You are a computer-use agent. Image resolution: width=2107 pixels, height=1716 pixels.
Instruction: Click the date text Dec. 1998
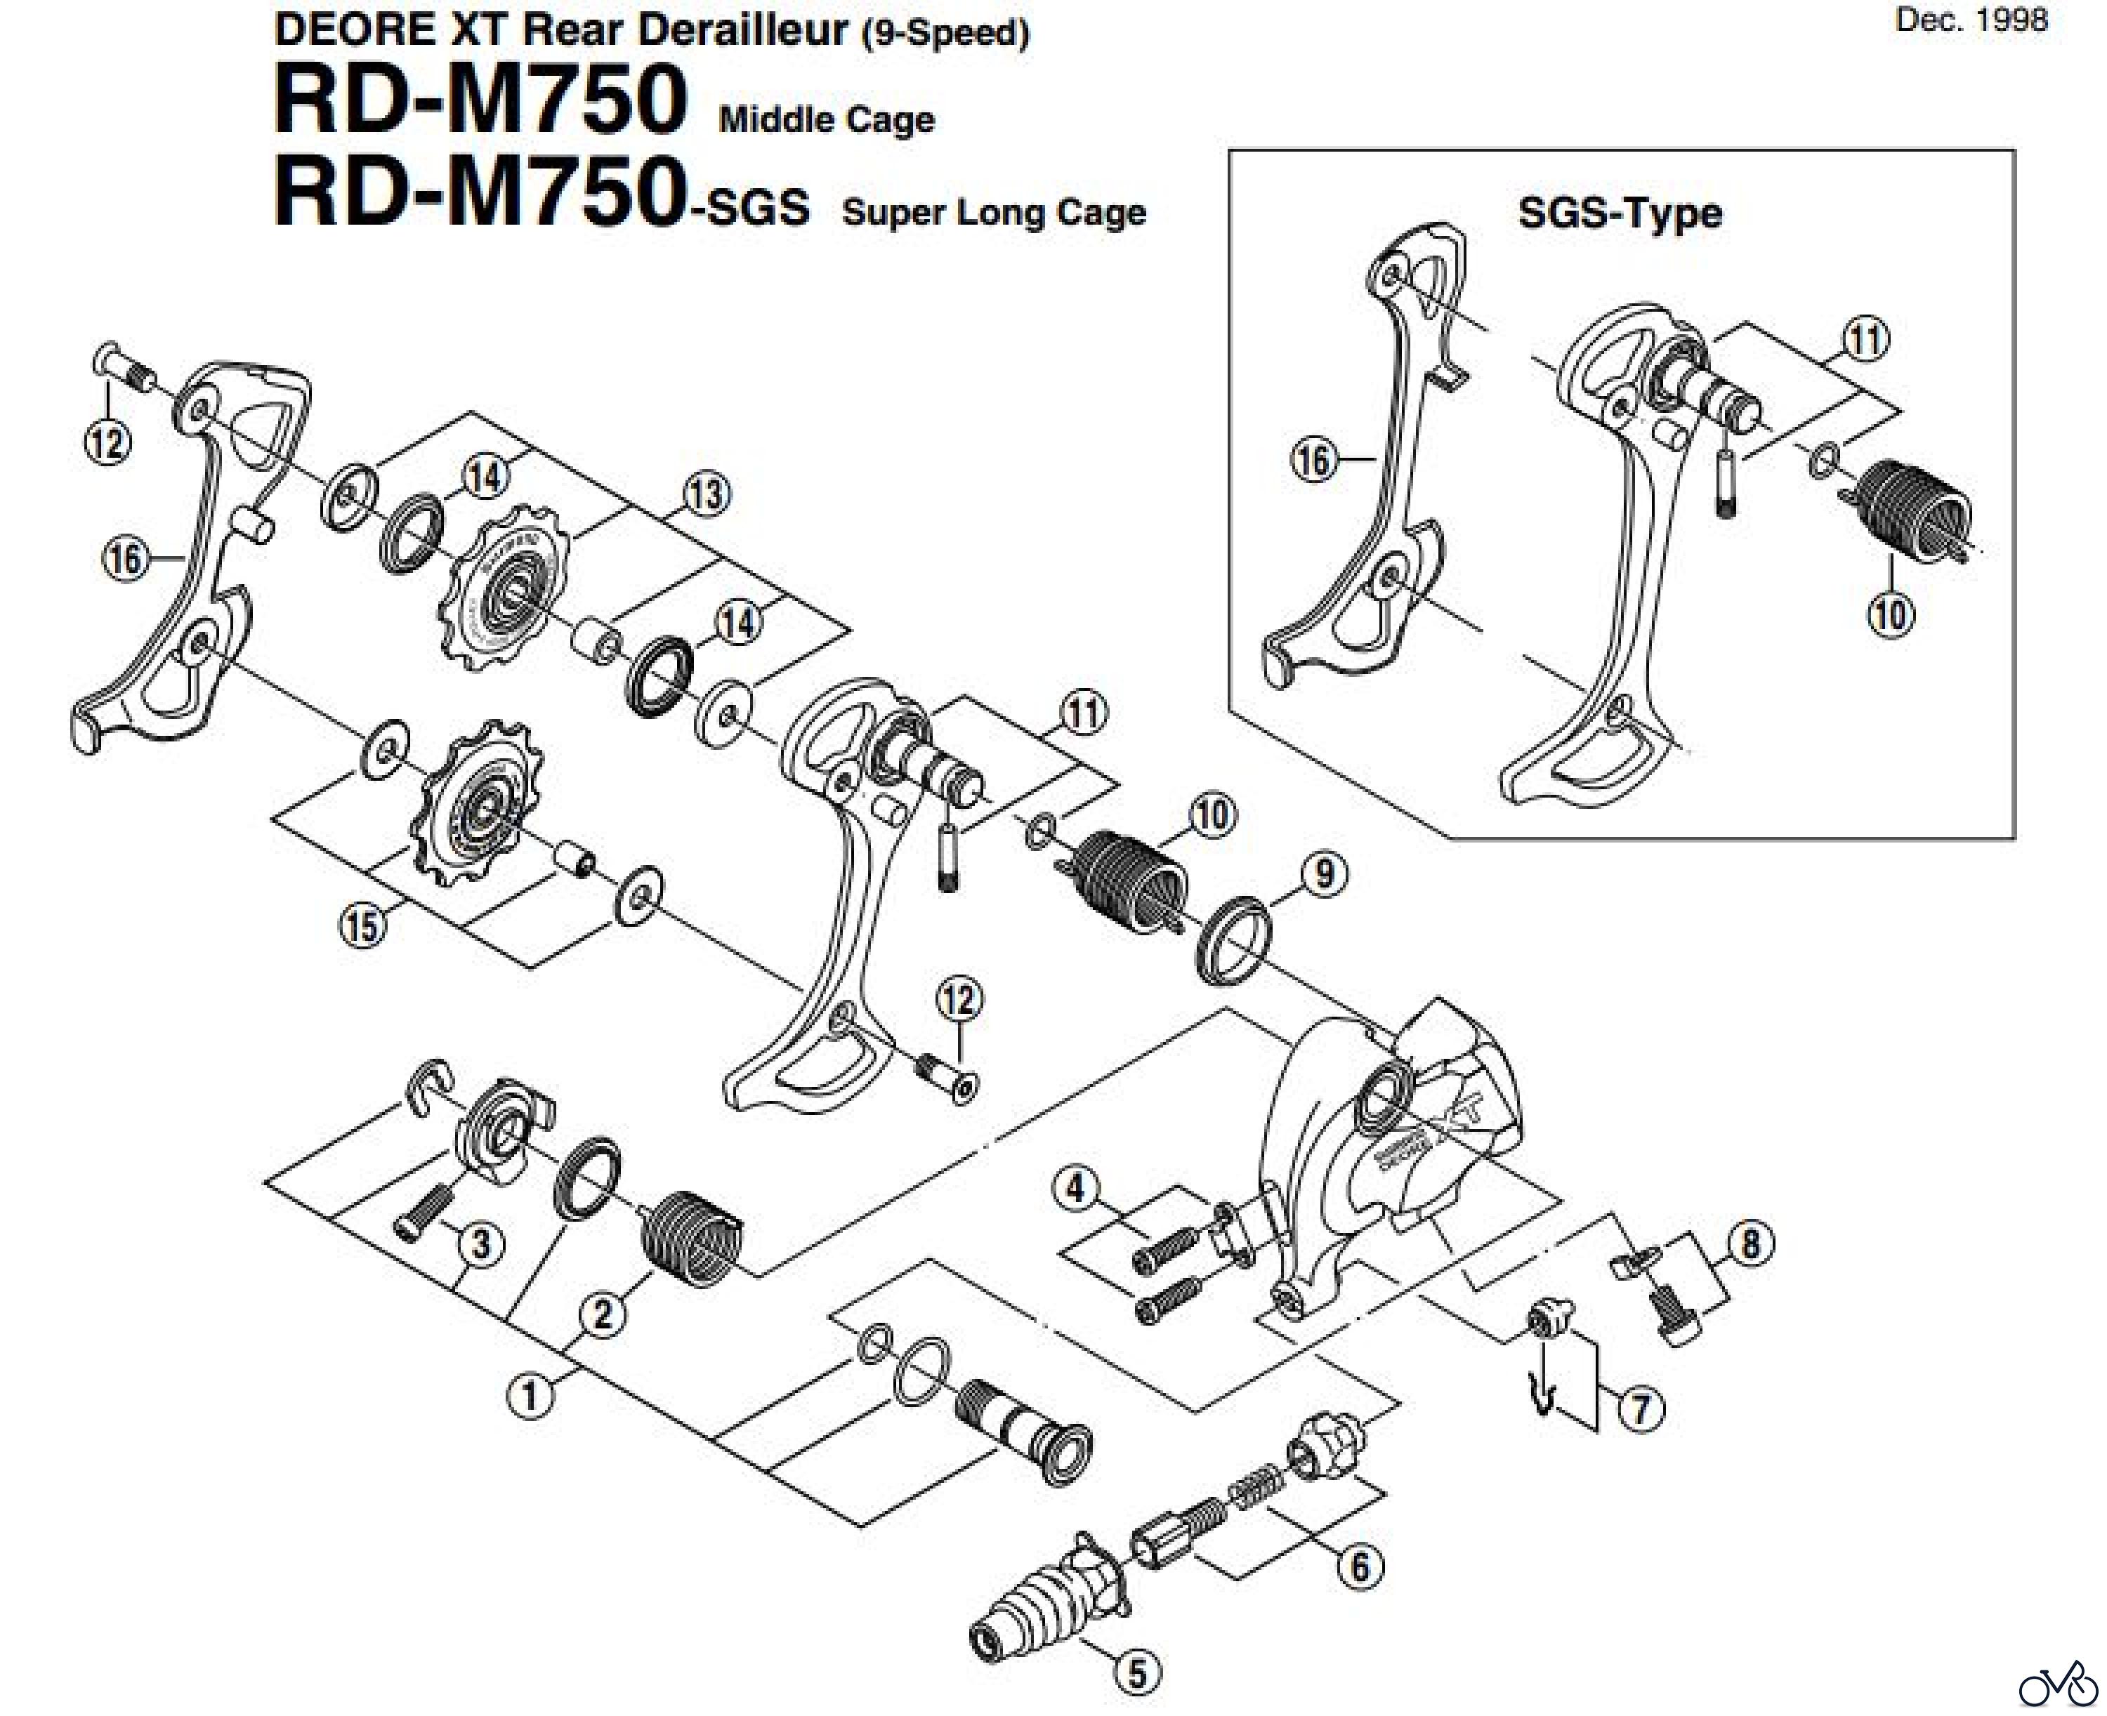point(1971,20)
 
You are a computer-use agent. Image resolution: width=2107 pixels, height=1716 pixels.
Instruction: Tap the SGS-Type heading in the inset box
point(1620,213)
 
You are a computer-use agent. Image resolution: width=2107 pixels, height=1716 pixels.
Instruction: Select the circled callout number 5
point(1137,1673)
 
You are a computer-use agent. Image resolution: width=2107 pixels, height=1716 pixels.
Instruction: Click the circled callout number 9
point(1324,874)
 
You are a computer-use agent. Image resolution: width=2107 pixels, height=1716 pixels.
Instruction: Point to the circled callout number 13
point(707,494)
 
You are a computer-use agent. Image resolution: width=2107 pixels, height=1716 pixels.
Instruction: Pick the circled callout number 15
point(363,928)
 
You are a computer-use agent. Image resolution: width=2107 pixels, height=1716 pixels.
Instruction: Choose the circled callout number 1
point(530,1397)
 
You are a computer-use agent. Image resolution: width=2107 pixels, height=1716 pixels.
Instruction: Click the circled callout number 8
point(1750,1243)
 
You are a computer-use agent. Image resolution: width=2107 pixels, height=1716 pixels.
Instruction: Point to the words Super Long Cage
point(994,213)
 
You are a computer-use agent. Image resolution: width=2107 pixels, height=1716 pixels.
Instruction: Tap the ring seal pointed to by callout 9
point(1233,940)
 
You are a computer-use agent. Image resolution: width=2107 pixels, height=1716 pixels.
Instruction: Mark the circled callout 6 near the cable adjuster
point(1360,1566)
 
